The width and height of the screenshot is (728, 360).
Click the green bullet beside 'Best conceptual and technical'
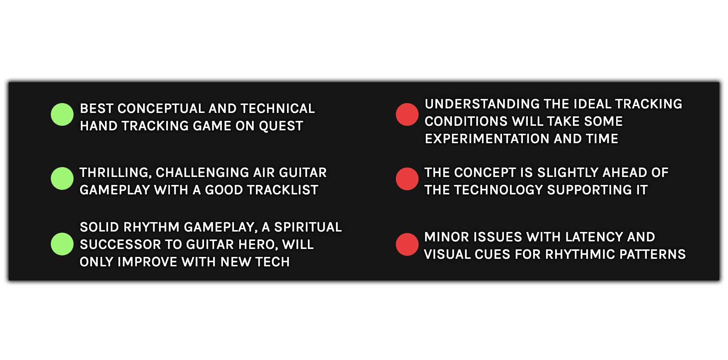(x=62, y=114)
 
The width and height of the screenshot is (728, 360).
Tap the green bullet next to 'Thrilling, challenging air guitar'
(x=62, y=178)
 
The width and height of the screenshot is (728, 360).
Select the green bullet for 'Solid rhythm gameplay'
(x=62, y=244)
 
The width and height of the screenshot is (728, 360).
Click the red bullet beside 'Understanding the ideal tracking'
(x=407, y=114)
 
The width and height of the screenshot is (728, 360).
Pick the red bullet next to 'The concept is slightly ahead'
(x=407, y=179)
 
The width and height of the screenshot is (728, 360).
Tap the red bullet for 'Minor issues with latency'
(x=407, y=244)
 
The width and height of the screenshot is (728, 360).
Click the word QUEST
(x=281, y=126)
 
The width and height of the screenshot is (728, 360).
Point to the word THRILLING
(x=116, y=173)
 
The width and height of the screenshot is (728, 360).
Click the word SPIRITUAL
(x=308, y=227)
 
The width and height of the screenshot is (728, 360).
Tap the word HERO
(x=259, y=245)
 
